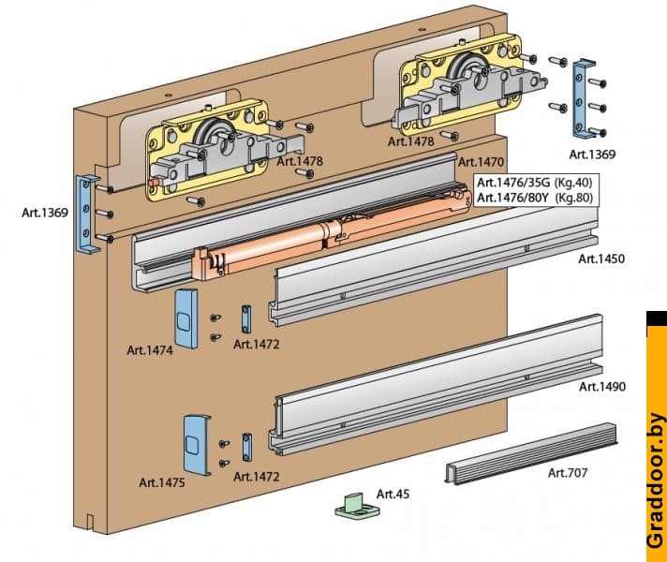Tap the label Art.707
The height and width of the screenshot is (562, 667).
[x=568, y=473]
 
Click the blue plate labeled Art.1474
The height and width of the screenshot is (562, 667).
[x=186, y=318]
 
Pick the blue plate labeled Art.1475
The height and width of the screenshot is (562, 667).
[x=197, y=445]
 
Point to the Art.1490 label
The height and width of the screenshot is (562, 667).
[x=602, y=386]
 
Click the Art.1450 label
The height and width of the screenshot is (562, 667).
[x=601, y=259]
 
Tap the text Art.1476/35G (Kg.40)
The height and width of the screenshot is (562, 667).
[x=534, y=183]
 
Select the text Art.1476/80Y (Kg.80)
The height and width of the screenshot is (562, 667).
[x=535, y=198]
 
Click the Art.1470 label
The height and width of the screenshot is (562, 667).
[x=481, y=162]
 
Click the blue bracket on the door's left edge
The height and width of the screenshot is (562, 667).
[x=86, y=214]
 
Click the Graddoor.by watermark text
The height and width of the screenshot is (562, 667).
[x=656, y=480]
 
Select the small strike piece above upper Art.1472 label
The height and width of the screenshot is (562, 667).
[x=245, y=318]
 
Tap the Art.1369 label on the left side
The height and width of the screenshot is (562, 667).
[x=45, y=213]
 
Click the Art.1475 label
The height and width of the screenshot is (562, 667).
[x=162, y=483]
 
